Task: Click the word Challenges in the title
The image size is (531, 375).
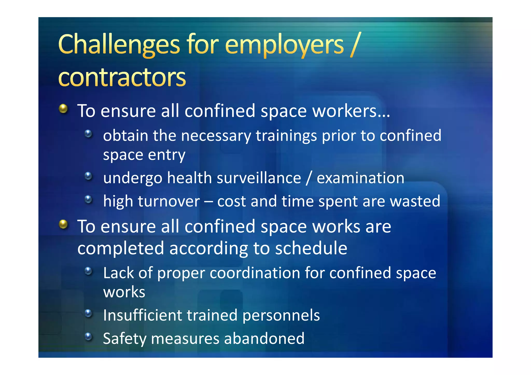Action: tap(119, 45)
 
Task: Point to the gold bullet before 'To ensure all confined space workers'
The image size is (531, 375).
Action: tap(63, 109)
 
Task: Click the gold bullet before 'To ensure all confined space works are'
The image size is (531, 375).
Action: tap(63, 224)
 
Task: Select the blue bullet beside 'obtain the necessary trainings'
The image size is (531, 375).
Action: tap(88, 134)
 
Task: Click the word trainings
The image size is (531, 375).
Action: tap(286, 136)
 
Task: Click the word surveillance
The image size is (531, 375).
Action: tap(259, 178)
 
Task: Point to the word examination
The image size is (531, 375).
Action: tap(360, 178)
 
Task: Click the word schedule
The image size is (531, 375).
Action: tap(311, 248)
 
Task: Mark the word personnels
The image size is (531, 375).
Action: tap(281, 316)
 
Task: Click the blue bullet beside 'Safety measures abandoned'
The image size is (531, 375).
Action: tap(88, 337)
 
